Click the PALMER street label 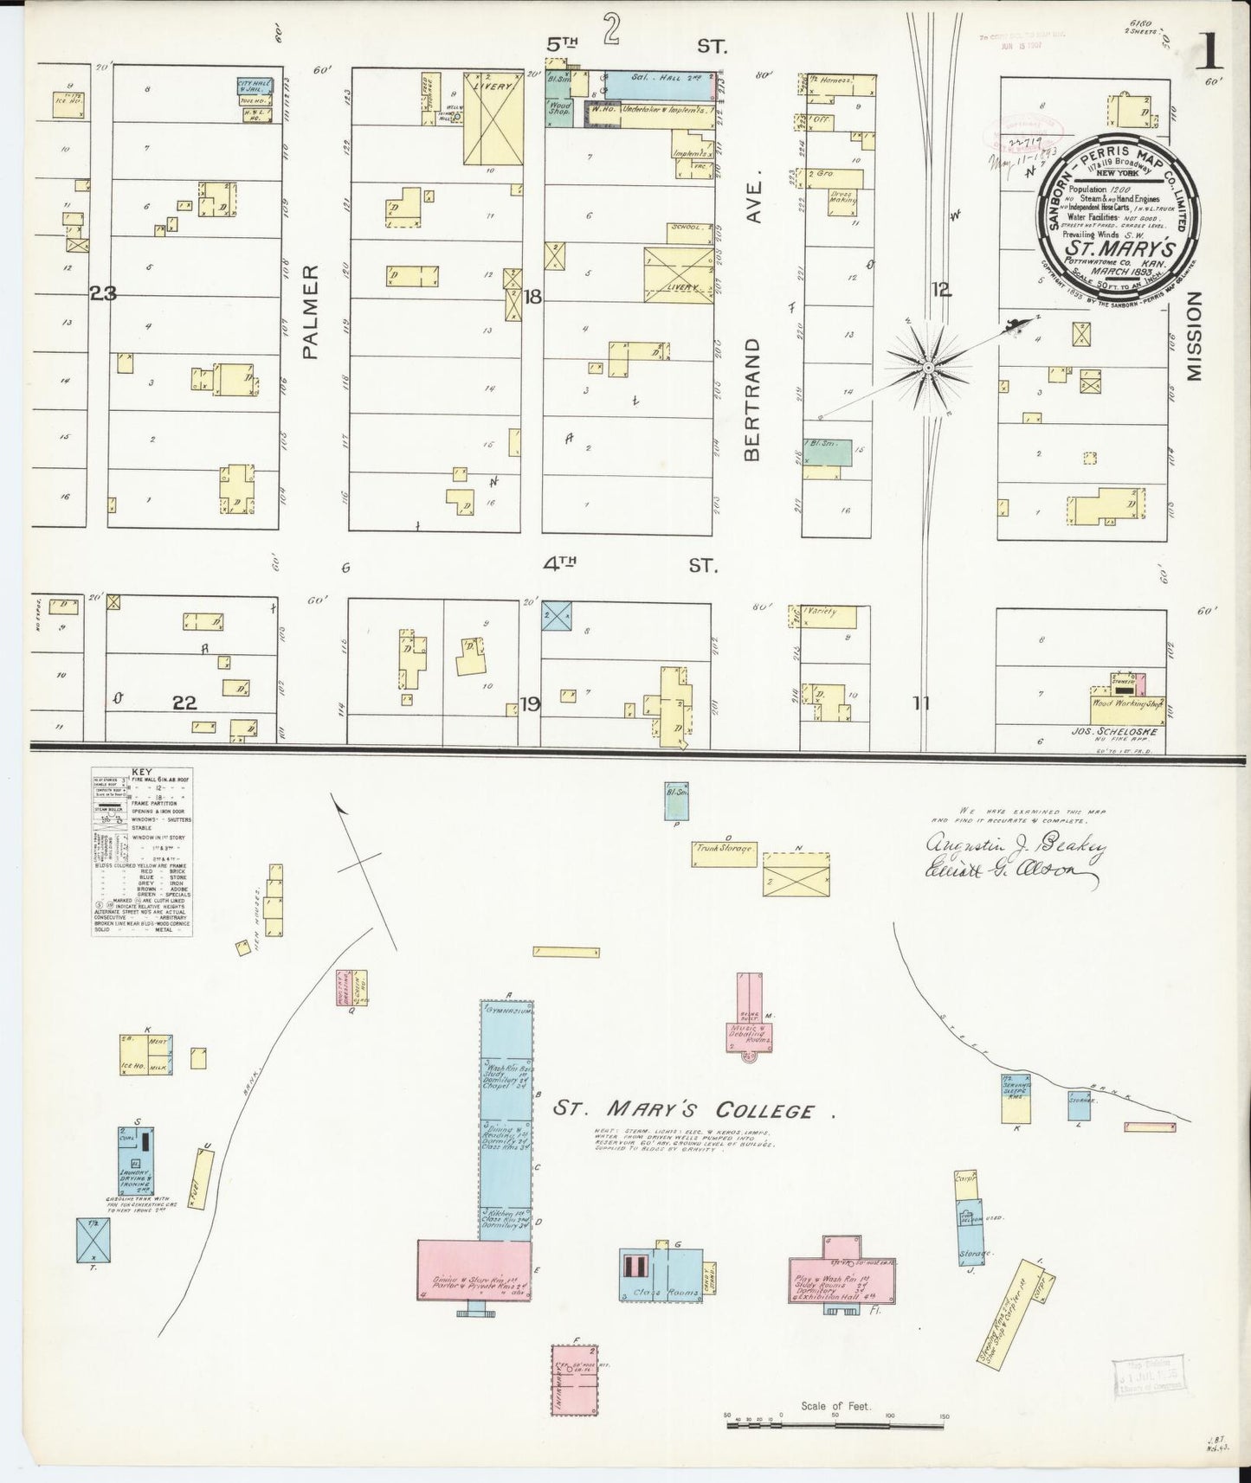click(313, 311)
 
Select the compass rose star click(927, 368)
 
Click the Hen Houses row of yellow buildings click(274, 900)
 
